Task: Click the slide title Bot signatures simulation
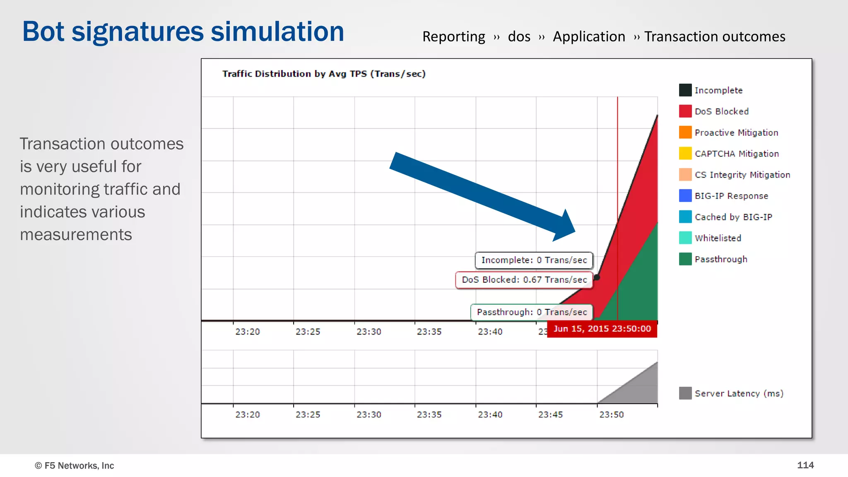[x=183, y=31]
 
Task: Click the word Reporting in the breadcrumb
[x=453, y=37]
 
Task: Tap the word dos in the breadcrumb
[x=519, y=37]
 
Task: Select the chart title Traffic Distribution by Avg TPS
[x=324, y=74]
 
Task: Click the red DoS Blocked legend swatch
[x=685, y=111]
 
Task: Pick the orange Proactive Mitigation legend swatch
[x=685, y=132]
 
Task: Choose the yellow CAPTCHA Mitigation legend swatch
[x=685, y=153]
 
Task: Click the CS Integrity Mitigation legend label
[x=742, y=175]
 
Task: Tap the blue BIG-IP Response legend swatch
[x=685, y=195]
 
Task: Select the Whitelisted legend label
[x=718, y=238]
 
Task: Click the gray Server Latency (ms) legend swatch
[x=685, y=393]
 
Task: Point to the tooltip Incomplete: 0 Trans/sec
[x=534, y=260]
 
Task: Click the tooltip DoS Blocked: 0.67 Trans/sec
[x=524, y=280]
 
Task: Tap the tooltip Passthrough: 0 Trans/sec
[x=532, y=312]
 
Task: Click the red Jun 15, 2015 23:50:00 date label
[x=602, y=329]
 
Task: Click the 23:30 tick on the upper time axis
[x=369, y=332]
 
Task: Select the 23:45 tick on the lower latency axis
[x=550, y=414]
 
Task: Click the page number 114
[x=805, y=465]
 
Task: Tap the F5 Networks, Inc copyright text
[x=74, y=465]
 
